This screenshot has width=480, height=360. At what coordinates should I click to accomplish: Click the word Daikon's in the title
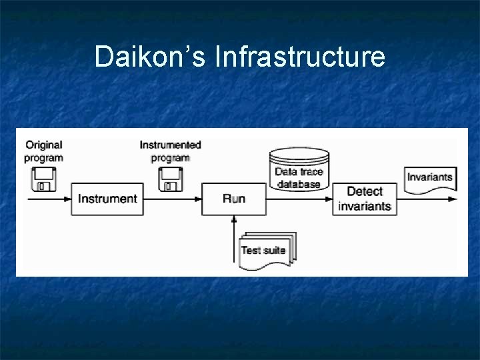point(150,57)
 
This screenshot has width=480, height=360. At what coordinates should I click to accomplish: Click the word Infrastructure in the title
point(300,57)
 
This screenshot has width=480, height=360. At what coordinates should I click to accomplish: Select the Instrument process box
point(107,199)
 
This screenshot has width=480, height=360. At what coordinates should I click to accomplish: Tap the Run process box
point(234,199)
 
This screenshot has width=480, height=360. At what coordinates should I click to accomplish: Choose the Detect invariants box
point(364,199)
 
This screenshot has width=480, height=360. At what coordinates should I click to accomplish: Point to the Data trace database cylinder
point(299,170)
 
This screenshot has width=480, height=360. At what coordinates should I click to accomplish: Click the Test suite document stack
point(266,249)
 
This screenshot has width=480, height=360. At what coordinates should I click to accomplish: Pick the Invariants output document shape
point(430,178)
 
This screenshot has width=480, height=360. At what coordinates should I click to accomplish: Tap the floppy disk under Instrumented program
point(170,180)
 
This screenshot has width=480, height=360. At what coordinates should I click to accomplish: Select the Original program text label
point(43,151)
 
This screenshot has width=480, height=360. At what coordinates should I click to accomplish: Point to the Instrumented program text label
point(170,151)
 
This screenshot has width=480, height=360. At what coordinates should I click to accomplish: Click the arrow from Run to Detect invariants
point(300,199)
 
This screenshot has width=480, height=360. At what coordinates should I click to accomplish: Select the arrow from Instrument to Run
point(173,199)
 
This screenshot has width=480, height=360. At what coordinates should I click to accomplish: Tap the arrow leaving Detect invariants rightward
point(427,199)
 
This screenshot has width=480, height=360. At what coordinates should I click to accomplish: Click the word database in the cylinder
point(299,183)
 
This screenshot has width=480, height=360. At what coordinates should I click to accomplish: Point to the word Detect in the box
point(365,191)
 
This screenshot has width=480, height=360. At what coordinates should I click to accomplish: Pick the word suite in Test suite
point(274,251)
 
